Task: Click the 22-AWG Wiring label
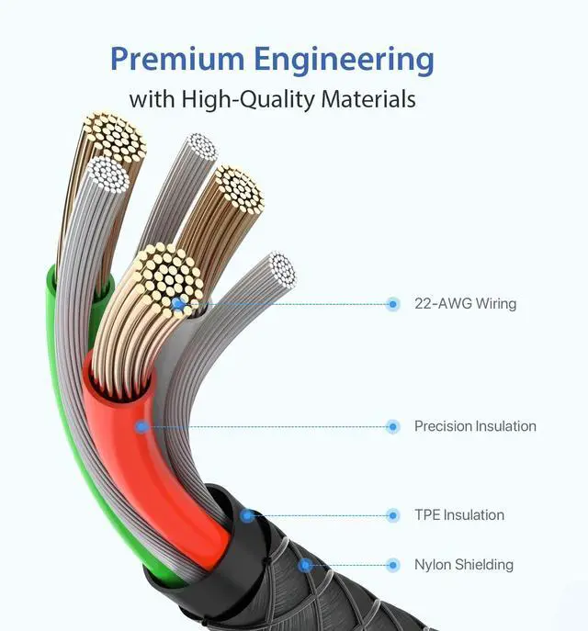pos(465,304)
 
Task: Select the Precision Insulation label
pos(475,426)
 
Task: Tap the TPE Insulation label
pos(458,515)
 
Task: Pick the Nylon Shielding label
pos(463,565)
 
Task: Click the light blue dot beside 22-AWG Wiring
pos(393,304)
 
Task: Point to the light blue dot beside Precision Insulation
pos(393,426)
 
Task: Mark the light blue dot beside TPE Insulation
pos(393,515)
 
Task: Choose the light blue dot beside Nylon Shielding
pos(393,565)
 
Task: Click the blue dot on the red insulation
pos(141,426)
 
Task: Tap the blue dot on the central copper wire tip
pos(177,302)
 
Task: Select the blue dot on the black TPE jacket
pos(246,515)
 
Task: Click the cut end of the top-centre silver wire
pos(201,147)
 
